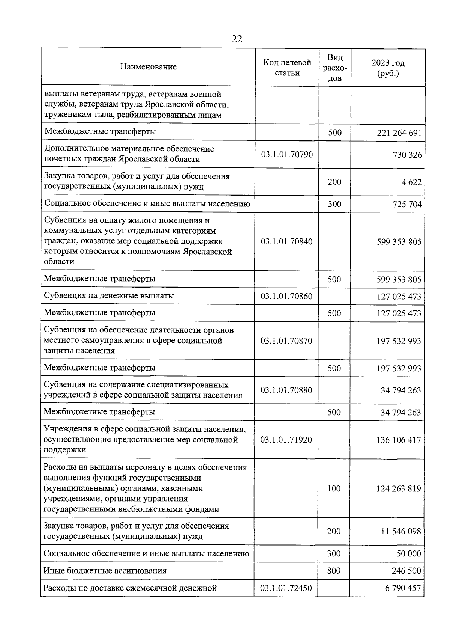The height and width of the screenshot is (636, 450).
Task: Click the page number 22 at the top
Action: tap(237, 39)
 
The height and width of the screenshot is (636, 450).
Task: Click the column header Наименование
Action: tap(148, 67)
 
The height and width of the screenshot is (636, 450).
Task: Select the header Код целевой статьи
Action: tap(287, 68)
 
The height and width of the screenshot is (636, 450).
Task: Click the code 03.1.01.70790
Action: tap(287, 154)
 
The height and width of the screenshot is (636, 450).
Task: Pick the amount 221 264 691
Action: tap(399, 133)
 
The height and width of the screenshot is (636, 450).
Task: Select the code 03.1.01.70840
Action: tap(287, 241)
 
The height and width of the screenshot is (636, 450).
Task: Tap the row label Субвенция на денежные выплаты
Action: tap(109, 295)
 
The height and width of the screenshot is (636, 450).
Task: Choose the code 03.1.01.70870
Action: tap(286, 341)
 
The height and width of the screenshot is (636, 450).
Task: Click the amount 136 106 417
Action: tap(399, 440)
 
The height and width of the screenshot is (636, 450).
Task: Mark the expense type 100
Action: tap(334, 488)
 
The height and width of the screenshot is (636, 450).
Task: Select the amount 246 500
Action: tap(406, 571)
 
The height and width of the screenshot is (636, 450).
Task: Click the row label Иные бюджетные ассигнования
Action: tap(105, 571)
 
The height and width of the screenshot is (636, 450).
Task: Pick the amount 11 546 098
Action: tap(401, 531)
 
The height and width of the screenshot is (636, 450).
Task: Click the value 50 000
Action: tap(409, 554)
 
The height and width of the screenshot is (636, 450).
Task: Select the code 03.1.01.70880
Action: tap(286, 390)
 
